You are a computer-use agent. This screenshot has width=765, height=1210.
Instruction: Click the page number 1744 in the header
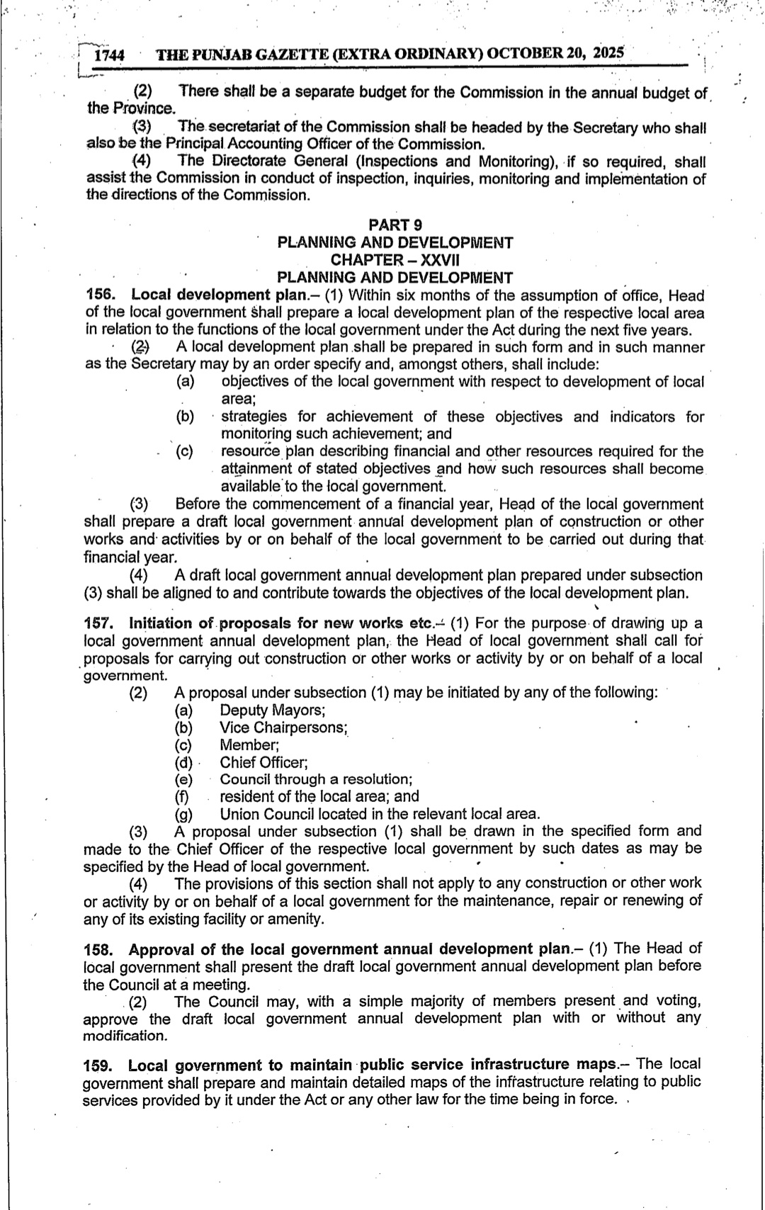[x=110, y=55]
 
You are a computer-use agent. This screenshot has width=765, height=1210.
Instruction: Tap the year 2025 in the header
[x=609, y=52]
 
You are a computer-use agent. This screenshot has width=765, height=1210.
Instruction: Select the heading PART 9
[x=395, y=225]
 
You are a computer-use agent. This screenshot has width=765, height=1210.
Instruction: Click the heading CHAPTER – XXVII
[x=395, y=260]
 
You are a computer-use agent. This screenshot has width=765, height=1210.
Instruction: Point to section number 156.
[x=98, y=295]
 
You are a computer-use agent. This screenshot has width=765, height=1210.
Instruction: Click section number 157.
[x=98, y=623]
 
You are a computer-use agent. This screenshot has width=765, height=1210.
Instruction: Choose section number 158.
[x=98, y=949]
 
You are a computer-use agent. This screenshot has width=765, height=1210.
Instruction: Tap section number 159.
[x=98, y=1065]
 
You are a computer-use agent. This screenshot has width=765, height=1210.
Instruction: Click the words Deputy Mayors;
[x=273, y=711]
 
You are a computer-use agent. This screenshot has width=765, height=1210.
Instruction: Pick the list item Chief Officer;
[x=263, y=762]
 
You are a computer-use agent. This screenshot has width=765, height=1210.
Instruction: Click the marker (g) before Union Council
[x=185, y=815]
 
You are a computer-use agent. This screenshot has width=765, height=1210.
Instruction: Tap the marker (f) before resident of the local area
[x=183, y=797]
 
